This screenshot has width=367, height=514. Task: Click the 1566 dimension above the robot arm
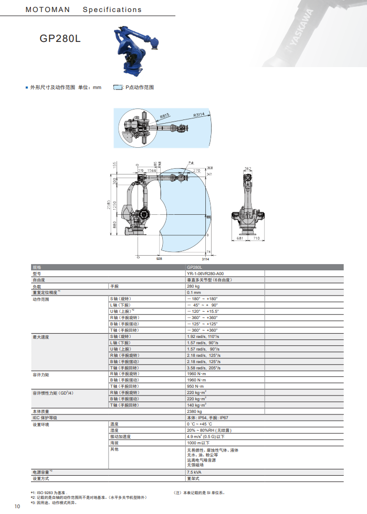pyautogui.click(x=151, y=170)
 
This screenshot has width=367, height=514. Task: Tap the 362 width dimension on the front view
pyautogui.click(x=248, y=168)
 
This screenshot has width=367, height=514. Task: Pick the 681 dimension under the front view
pyautogui.click(x=239, y=238)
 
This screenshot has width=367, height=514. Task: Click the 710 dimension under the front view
pyautogui.click(x=257, y=238)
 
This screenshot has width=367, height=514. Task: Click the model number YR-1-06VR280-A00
pyautogui.click(x=205, y=274)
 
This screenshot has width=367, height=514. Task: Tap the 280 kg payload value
pyautogui.click(x=194, y=287)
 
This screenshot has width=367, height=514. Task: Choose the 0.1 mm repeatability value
pyautogui.click(x=194, y=293)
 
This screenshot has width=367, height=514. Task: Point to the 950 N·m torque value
pyautogui.click(x=196, y=386)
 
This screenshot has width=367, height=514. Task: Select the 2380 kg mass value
pyautogui.click(x=194, y=411)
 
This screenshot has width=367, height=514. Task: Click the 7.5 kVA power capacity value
pyautogui.click(x=194, y=472)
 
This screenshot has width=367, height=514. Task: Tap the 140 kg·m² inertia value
pyautogui.click(x=196, y=405)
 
